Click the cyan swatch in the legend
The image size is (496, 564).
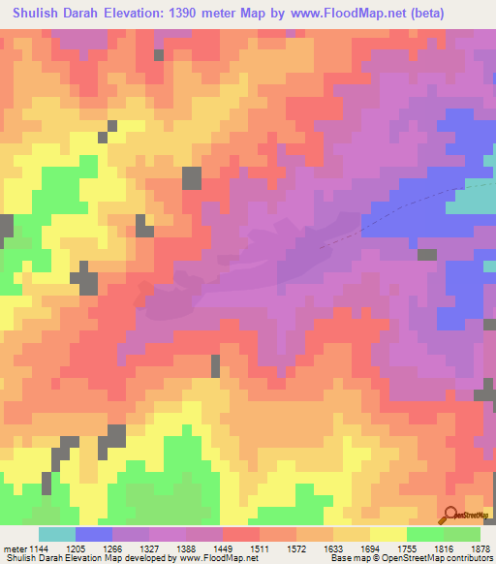pos(56,534)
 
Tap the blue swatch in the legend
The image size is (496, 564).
pos(93,534)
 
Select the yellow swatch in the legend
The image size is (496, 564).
pos(387,534)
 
